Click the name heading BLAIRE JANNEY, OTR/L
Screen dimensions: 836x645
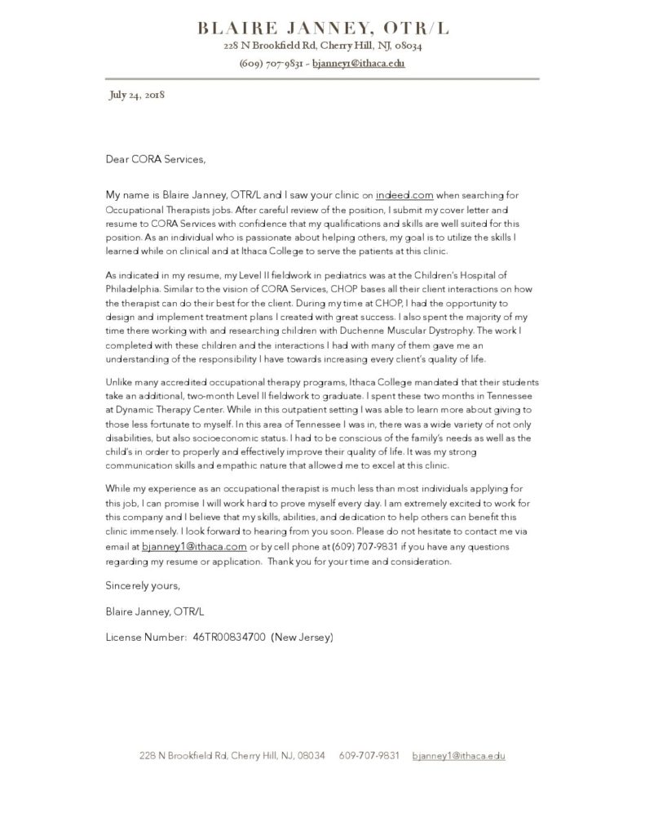[x=323, y=29]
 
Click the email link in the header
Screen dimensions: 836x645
[x=359, y=63]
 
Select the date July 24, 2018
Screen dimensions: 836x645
[x=137, y=95]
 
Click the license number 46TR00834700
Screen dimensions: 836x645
[x=229, y=637]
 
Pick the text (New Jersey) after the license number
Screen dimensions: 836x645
[x=303, y=637]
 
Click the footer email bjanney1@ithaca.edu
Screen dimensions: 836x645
[x=458, y=756]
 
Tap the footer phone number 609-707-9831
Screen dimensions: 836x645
[x=369, y=756]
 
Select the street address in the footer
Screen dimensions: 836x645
[x=232, y=756]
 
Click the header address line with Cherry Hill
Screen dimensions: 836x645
[x=323, y=47]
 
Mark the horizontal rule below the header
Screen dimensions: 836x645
[x=323, y=79]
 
